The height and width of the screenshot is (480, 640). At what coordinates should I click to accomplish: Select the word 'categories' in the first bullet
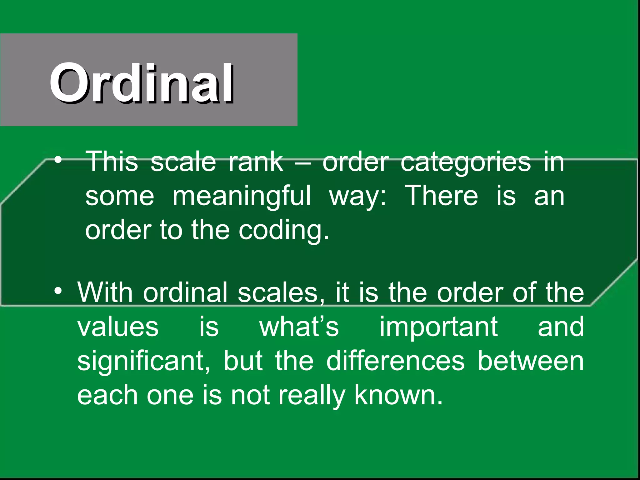(466, 162)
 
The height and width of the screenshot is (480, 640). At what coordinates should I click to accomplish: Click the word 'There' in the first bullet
(441, 196)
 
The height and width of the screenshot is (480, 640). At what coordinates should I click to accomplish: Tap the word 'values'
(118, 327)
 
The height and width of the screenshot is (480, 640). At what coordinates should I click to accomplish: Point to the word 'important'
(438, 327)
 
